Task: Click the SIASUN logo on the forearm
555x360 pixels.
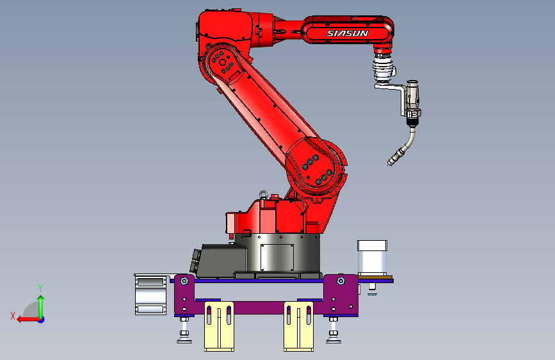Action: click(347, 33)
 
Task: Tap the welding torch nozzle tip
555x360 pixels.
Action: click(390, 163)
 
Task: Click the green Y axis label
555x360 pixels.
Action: click(40, 288)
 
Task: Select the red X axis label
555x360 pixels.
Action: click(13, 316)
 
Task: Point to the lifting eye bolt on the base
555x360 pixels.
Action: click(263, 195)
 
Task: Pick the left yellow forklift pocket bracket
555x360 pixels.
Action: click(219, 326)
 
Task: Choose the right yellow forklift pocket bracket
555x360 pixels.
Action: click(298, 326)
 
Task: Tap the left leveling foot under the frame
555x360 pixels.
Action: click(184, 331)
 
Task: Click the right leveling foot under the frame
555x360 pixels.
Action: click(334, 331)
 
